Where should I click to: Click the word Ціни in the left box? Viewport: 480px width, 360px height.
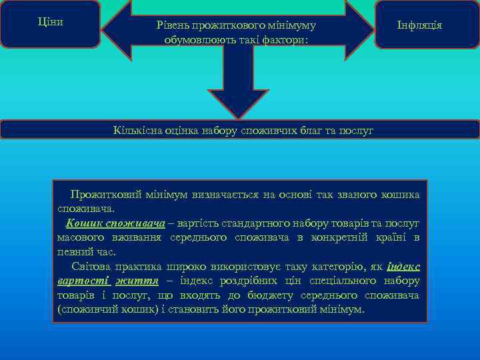pos(50,21)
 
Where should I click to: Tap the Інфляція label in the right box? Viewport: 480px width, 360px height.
pos(419,25)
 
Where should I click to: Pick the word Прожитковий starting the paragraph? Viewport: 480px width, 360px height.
pos(105,194)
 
